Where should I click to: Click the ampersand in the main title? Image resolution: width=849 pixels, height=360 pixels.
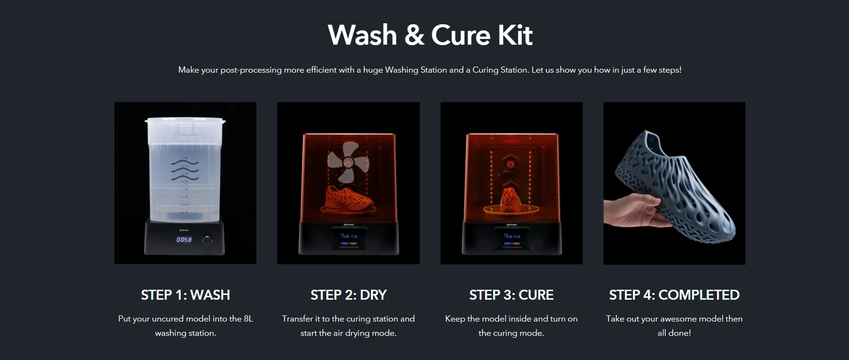pyautogui.click(x=415, y=36)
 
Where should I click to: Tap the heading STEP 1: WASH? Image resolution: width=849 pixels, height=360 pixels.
pyautogui.click(x=185, y=295)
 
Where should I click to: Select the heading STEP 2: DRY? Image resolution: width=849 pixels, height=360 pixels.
pyautogui.click(x=349, y=295)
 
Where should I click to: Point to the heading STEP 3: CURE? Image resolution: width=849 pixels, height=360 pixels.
pyautogui.click(x=511, y=295)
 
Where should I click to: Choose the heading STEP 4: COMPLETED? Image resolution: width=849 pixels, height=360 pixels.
pyautogui.click(x=674, y=295)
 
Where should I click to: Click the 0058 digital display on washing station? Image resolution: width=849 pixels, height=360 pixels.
pyautogui.click(x=184, y=240)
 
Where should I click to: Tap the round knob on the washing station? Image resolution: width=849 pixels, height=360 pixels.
pyautogui.click(x=208, y=240)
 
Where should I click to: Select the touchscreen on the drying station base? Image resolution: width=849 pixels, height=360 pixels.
pyautogui.click(x=349, y=238)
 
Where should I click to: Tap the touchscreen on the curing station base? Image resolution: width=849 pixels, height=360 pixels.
pyautogui.click(x=511, y=238)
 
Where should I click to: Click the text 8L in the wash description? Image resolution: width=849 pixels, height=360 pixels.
pyautogui.click(x=248, y=319)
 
